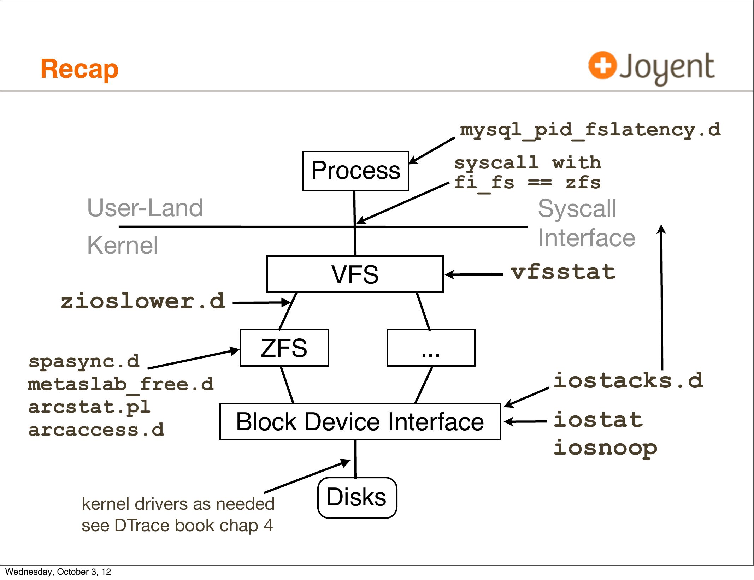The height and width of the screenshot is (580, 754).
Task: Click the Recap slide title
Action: coord(79,69)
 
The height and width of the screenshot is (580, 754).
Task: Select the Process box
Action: coord(355,171)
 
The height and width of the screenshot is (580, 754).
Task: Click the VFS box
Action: coord(355,274)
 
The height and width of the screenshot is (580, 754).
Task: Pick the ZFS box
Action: coord(284,348)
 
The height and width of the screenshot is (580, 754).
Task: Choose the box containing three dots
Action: coord(431,348)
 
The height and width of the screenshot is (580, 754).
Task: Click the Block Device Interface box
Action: coord(360,421)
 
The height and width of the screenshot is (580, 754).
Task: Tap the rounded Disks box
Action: coord(357,497)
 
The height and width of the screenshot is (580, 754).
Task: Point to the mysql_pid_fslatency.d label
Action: coord(590,130)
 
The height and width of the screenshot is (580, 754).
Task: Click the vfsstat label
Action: coord(563,272)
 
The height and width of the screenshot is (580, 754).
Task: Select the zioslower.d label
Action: coord(143,301)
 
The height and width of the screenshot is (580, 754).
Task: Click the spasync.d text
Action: coord(84,361)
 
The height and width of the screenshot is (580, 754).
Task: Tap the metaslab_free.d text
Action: coord(120,384)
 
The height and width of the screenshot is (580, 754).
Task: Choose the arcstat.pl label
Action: coord(89,407)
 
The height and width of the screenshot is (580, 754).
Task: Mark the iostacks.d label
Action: coord(628,381)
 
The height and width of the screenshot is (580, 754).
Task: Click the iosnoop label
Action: coord(605,448)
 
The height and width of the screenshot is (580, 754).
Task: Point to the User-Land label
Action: coord(145,208)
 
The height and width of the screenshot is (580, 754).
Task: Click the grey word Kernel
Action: coord(122,245)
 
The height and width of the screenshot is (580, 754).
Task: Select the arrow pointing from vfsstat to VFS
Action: coord(473,274)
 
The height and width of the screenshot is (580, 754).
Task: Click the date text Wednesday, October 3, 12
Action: coord(58,572)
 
